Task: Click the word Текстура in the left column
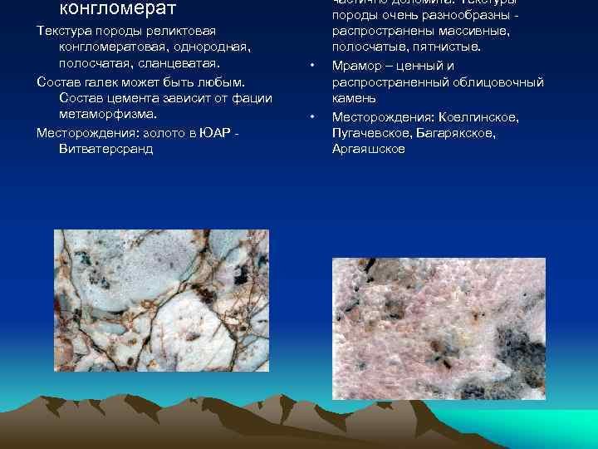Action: [x=66, y=30]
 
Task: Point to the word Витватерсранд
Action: [x=106, y=149]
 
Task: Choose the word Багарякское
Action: [x=458, y=133]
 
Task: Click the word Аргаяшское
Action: [x=368, y=150]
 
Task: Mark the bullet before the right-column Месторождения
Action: [x=311, y=117]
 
